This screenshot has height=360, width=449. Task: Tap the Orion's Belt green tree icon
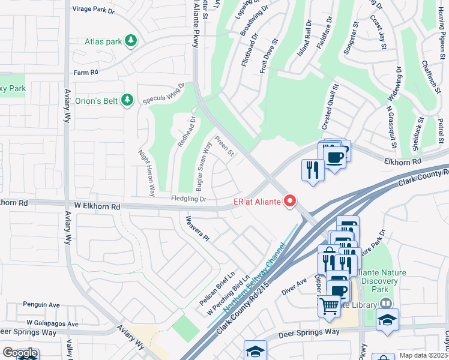(x=127, y=100)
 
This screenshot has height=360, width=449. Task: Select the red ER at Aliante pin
(x=291, y=201)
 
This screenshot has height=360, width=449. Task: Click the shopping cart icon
(x=329, y=306)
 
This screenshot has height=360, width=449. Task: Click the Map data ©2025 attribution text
(x=424, y=355)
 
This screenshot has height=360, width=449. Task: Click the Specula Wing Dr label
(x=164, y=95)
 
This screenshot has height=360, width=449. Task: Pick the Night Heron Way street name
(x=147, y=173)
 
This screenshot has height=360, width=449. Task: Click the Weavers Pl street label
(x=197, y=229)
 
